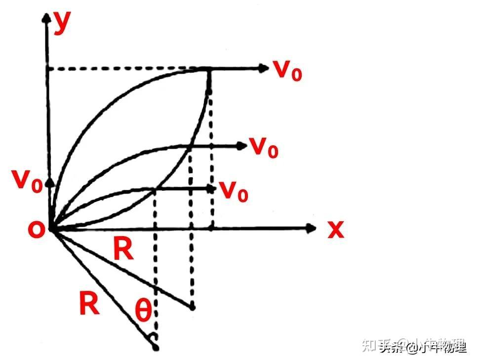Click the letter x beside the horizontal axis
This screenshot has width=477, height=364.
click(336, 229)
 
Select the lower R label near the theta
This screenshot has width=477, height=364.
click(89, 304)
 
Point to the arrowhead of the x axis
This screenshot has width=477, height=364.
click(311, 228)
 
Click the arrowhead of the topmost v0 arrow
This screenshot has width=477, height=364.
click(263, 68)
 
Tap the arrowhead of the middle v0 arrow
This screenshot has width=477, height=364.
click(241, 145)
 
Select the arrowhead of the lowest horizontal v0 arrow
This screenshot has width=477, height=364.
click(211, 189)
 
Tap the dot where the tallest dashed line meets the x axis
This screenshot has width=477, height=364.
click(211, 228)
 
